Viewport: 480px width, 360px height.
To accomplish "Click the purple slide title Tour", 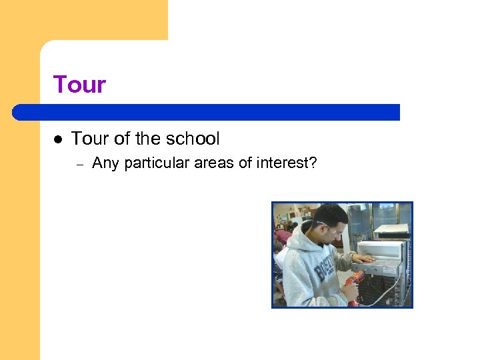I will click(x=79, y=85).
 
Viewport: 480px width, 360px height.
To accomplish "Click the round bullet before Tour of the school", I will click(x=58, y=139).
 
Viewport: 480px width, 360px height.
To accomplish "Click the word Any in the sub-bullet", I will click(x=105, y=163).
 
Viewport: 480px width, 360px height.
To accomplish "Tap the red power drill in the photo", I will click(x=354, y=285).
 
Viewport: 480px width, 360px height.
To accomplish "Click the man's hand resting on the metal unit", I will click(x=363, y=259).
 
